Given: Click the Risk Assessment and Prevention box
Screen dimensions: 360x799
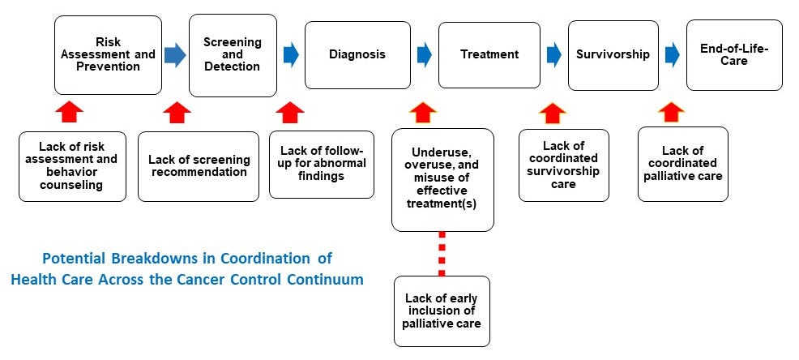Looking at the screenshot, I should click(107, 54).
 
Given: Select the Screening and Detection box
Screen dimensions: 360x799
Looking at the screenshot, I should click(233, 54).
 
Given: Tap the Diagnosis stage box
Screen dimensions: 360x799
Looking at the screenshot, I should click(357, 54).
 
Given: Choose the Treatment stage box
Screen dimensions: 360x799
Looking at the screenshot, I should click(489, 54).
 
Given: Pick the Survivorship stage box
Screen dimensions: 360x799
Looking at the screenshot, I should click(613, 54).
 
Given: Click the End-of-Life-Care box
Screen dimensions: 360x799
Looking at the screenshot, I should click(733, 54).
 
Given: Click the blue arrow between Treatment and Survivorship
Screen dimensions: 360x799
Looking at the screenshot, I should click(553, 54).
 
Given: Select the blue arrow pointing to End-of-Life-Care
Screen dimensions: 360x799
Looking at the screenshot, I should click(672, 54).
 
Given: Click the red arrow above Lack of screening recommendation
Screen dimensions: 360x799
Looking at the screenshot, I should click(177, 112).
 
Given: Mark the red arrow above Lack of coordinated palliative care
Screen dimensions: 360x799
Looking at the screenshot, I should click(671, 112).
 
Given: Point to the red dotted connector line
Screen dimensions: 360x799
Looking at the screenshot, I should click(442, 253).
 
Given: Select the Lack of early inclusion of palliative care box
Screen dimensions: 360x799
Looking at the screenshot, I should click(442, 311).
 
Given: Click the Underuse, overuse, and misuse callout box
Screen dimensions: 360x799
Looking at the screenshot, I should click(442, 179).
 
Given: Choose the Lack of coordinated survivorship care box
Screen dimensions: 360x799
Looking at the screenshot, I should click(563, 165).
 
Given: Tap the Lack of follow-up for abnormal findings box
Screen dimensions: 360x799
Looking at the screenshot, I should click(322, 164).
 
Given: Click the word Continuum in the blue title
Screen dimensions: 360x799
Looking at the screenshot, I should click(327, 279).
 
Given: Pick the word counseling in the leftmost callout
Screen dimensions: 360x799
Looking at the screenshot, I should click(72, 184).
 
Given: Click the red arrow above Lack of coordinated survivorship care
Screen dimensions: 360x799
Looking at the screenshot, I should click(553, 112).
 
